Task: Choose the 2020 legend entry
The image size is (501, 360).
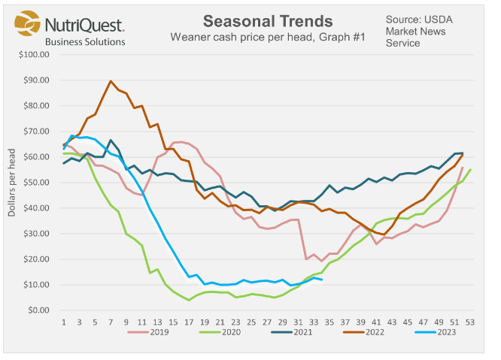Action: click(x=225, y=331)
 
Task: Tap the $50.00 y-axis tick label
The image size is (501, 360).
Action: click(x=35, y=183)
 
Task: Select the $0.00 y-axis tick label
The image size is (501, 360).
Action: click(x=37, y=310)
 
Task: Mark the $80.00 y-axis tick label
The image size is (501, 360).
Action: click(x=35, y=106)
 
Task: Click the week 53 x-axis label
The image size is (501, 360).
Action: click(x=470, y=321)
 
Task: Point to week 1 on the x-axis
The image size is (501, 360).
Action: click(x=64, y=321)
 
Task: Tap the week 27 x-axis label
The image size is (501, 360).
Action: click(x=267, y=321)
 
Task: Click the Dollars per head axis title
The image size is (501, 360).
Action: click(x=11, y=183)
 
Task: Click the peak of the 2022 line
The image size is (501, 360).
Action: click(x=111, y=81)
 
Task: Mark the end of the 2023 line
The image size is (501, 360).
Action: click(x=322, y=280)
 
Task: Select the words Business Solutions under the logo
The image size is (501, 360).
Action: click(x=85, y=42)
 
